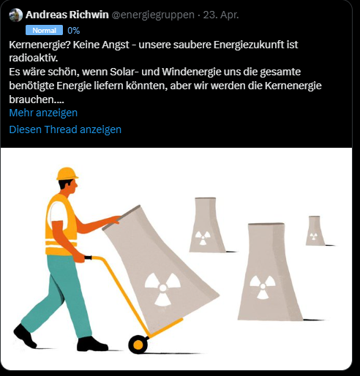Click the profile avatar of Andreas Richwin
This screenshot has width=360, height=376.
[16, 15]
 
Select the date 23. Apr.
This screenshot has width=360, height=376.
[221, 15]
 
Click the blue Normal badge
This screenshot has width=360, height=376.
[44, 31]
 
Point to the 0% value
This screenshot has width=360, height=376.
[73, 31]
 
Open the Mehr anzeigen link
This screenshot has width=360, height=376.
[43, 113]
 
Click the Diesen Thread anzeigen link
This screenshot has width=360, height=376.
[65, 129]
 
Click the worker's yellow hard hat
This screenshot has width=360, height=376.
[67, 173]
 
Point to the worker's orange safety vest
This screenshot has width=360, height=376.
[60, 222]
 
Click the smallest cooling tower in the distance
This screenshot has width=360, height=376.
[315, 230]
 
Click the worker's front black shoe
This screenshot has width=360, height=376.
[91, 344]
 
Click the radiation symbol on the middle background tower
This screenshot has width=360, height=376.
[202, 238]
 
